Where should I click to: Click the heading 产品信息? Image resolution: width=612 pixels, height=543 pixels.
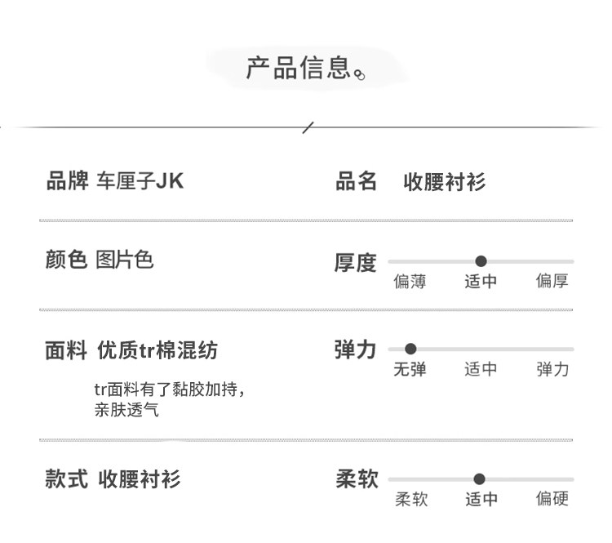click(299, 68)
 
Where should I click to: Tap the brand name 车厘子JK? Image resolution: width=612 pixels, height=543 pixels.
click(140, 180)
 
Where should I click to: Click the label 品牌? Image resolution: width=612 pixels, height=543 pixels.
click(66, 180)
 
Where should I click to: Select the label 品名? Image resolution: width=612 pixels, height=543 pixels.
click(356, 181)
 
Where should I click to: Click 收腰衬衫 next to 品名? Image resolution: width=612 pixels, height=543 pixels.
click(445, 182)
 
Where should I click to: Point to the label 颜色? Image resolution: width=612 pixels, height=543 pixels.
click(66, 260)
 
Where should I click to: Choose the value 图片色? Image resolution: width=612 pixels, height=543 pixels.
click(124, 260)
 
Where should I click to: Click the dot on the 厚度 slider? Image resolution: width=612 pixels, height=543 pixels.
click(481, 261)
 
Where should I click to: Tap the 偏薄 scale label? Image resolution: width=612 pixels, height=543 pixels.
click(410, 282)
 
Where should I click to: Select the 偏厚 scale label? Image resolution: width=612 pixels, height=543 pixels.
click(552, 282)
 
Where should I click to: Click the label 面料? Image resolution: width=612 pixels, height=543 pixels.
click(66, 351)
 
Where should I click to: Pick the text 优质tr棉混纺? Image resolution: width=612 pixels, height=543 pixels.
click(157, 351)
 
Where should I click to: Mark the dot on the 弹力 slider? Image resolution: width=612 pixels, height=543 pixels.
click(410, 349)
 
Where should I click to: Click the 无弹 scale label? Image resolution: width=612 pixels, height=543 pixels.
click(410, 369)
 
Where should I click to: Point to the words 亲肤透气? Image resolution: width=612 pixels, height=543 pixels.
click(126, 410)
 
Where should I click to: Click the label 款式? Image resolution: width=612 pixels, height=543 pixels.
click(66, 478)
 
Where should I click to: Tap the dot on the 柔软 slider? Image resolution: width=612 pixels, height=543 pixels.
click(479, 479)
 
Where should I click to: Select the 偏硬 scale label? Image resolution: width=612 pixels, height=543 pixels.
click(552, 499)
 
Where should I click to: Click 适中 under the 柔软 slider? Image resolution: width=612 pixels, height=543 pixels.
click(481, 499)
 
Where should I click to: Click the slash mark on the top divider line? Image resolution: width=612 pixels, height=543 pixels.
click(308, 127)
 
